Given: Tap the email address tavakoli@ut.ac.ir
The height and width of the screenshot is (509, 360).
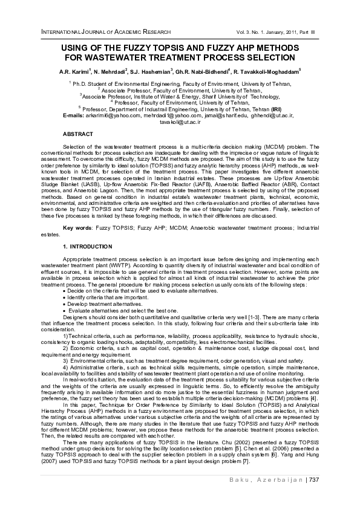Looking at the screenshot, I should [x=180, y=122].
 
